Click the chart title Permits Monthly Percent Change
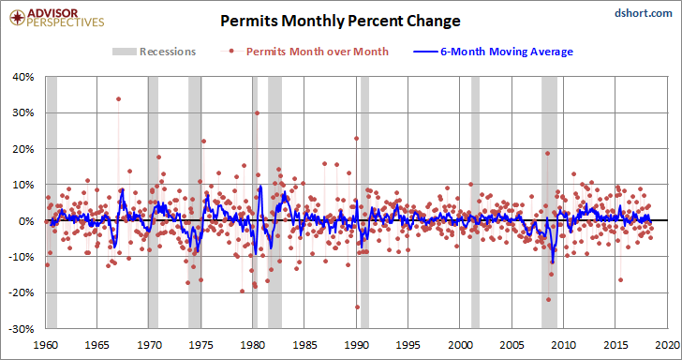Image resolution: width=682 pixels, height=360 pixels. point(340,21)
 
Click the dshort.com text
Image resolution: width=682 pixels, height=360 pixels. point(644,13)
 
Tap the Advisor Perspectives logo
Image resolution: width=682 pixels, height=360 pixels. point(57,18)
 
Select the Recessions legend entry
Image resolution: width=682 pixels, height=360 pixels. point(155,52)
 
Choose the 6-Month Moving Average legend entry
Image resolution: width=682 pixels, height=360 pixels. point(493,52)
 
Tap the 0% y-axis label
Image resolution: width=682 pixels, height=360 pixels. point(28,220)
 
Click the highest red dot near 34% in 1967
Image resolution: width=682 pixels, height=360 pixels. point(118,98)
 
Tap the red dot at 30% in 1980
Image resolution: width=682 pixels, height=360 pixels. point(257,112)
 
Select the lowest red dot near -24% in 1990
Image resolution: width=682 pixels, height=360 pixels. point(357,307)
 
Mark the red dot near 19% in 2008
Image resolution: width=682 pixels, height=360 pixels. point(548,153)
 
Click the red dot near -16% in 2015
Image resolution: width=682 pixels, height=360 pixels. point(621,279)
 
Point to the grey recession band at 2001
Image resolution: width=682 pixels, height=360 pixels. point(475,202)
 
